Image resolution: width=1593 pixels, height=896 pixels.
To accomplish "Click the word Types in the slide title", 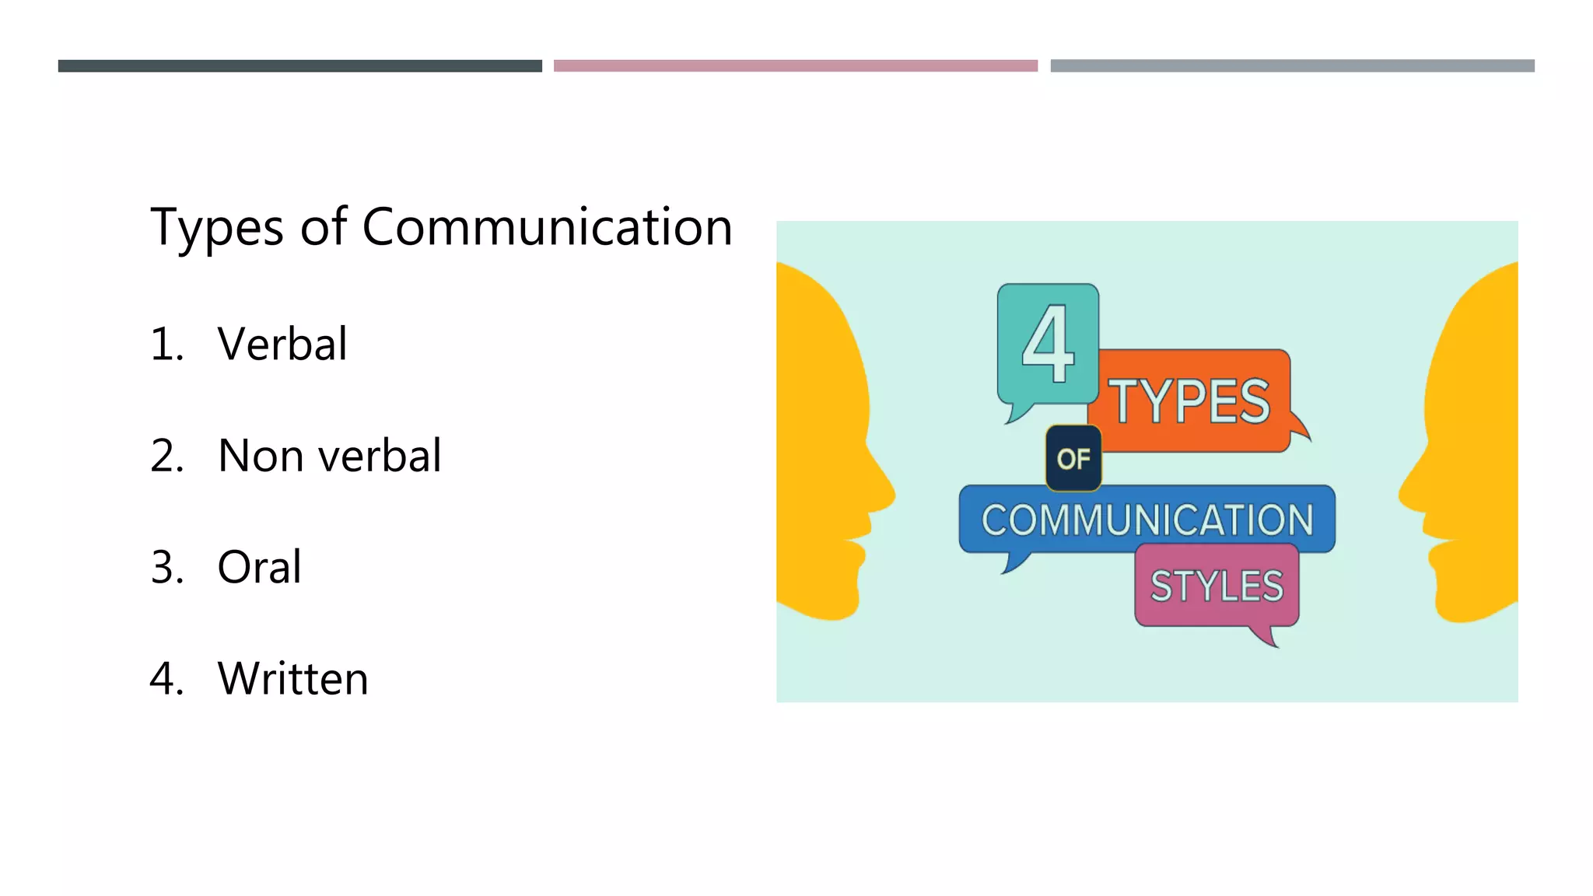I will [217, 229].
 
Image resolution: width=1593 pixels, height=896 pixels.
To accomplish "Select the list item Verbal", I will [282, 344].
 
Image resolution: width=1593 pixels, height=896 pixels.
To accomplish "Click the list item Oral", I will [259, 567].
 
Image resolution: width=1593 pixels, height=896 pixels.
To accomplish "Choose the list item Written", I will [292, 678].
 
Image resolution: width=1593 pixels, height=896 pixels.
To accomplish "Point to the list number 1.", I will [166, 345].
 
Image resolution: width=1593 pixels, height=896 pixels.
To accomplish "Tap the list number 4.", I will [166, 678].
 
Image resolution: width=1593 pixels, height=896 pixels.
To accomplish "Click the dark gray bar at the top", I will [299, 66].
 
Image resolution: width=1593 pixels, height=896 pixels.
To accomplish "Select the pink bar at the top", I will [795, 66].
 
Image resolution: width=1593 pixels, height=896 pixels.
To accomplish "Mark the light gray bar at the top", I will [1292, 66].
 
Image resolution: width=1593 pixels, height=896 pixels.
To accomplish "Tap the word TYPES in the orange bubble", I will [1189, 401].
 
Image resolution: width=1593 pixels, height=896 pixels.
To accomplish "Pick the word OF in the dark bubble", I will [1073, 459].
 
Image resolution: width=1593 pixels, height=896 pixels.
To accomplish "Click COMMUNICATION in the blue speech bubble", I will [1147, 520].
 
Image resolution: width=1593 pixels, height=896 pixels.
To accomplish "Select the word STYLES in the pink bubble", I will [1217, 586].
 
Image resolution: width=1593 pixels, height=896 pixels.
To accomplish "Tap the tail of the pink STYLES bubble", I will [1266, 637].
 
